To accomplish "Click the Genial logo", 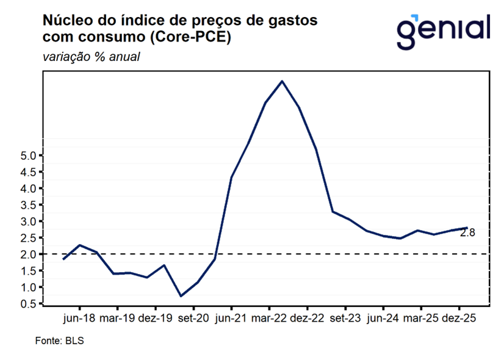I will click(x=443, y=31).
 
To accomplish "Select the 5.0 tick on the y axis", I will click(x=28, y=156).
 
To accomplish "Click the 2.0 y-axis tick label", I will click(x=28, y=254).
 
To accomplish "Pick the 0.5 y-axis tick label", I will click(x=28, y=303).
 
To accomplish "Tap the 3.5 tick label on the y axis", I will click(x=28, y=205).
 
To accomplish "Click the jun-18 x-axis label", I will click(x=79, y=319).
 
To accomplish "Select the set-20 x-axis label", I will click(x=194, y=319).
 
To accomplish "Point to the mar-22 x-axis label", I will click(x=270, y=319).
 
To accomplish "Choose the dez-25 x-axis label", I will click(x=458, y=319).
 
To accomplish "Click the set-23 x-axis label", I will click(x=345, y=319).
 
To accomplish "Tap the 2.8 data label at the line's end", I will click(x=467, y=232).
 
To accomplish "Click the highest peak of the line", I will click(x=282, y=81).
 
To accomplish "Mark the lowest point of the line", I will click(x=181, y=296).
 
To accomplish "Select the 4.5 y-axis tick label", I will click(x=28, y=172).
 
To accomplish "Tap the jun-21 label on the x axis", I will click(x=232, y=319).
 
